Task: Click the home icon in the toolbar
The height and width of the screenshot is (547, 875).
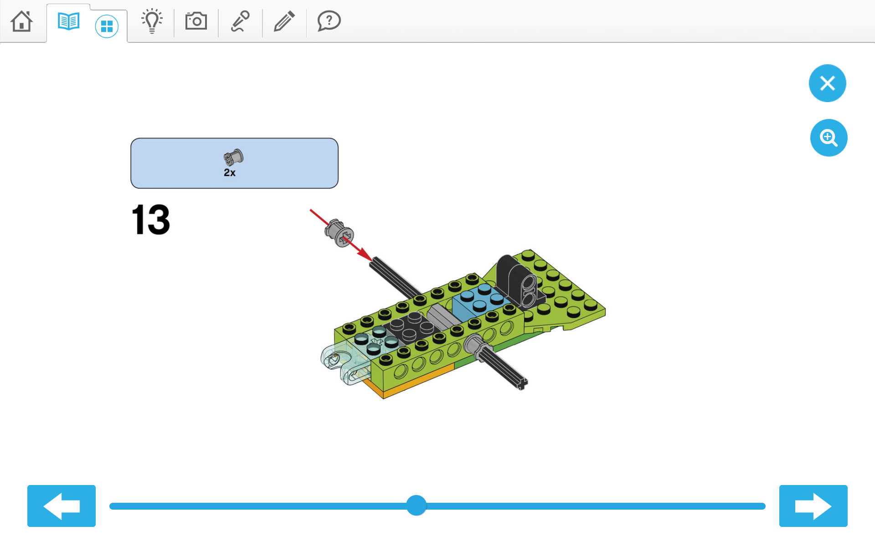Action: pyautogui.click(x=21, y=21)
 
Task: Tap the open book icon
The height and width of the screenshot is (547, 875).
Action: pyautogui.click(x=68, y=21)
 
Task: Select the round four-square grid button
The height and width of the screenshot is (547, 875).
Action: pyautogui.click(x=107, y=26)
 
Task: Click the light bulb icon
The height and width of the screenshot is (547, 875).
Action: pyautogui.click(x=152, y=21)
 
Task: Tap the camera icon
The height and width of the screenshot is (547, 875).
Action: pyautogui.click(x=196, y=21)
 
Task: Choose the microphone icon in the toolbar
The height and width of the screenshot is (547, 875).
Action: pyautogui.click(x=240, y=21)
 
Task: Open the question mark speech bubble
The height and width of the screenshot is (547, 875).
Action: pyautogui.click(x=329, y=21)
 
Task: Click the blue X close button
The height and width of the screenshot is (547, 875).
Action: pyautogui.click(x=827, y=83)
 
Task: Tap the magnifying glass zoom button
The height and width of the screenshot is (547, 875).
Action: pyautogui.click(x=829, y=138)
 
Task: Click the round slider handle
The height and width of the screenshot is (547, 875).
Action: pyautogui.click(x=416, y=506)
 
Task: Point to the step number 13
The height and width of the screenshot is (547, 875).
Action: pyautogui.click(x=151, y=220)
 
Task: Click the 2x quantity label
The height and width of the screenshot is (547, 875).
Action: pyautogui.click(x=230, y=173)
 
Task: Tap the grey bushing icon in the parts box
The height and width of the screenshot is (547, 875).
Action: pyautogui.click(x=233, y=158)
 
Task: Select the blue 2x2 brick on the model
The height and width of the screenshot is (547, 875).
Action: pyautogui.click(x=480, y=301)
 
